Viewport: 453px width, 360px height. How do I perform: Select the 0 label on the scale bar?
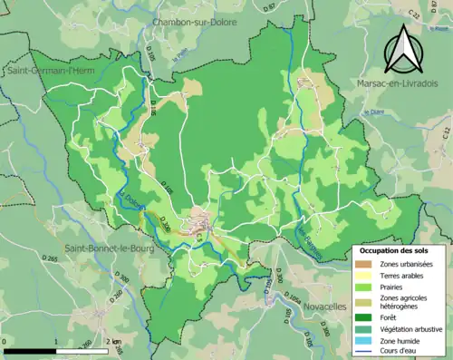(6, 341)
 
